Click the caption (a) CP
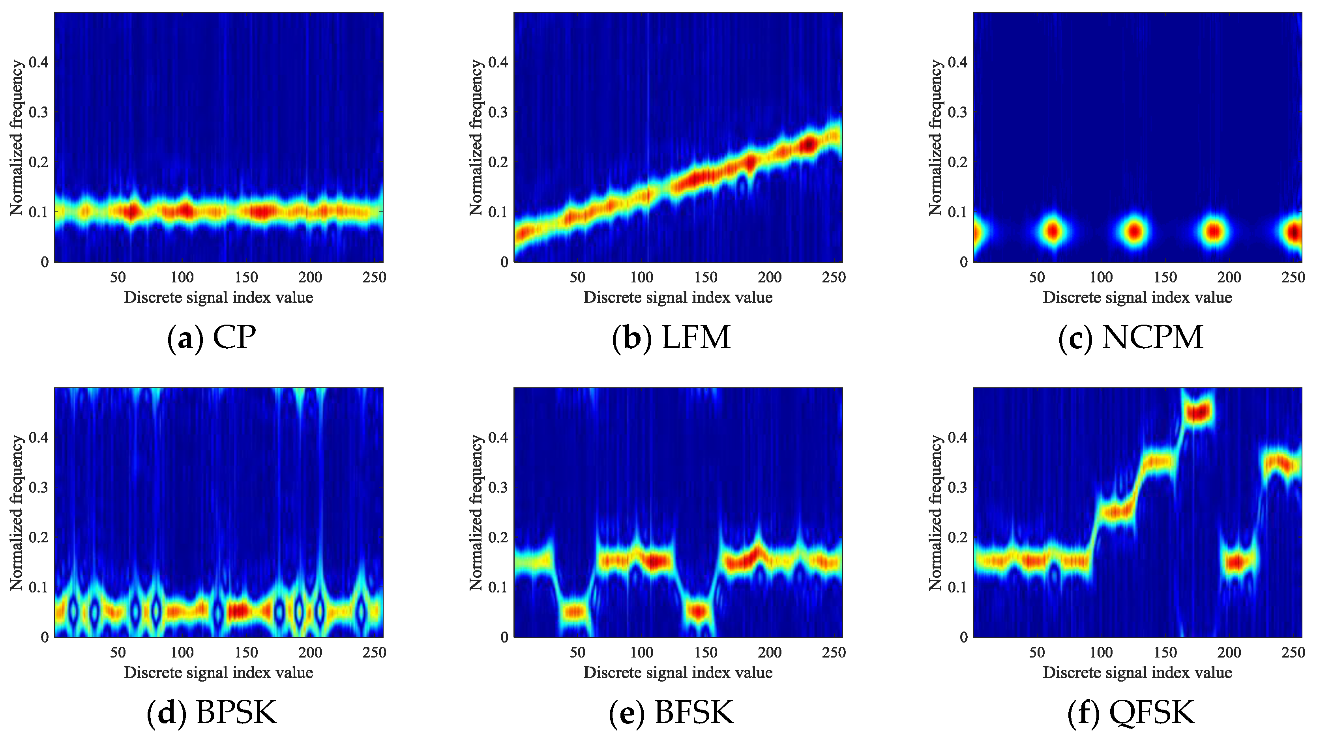coord(212,338)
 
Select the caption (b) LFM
coord(671,338)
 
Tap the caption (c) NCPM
coord(1130,338)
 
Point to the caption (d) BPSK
coord(212,712)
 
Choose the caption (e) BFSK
coord(671,712)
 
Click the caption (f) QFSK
coord(1130,712)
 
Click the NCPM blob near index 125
coord(1134,232)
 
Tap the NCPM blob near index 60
coord(1052,232)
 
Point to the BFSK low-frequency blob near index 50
coord(576,611)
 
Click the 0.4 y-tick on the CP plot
coord(38,62)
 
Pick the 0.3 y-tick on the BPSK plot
coord(38,487)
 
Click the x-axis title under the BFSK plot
coord(678,673)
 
